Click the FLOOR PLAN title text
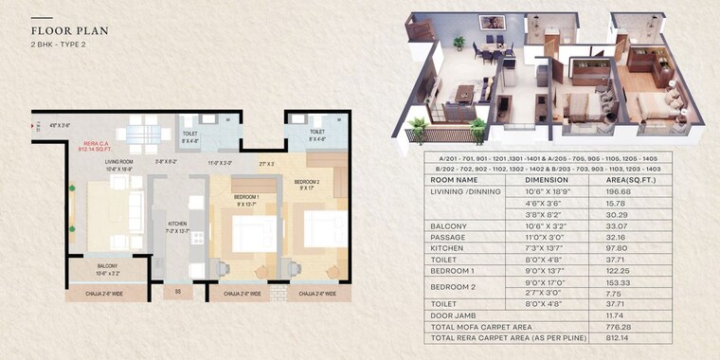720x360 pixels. point(69,30)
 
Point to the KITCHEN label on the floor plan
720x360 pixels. point(177,225)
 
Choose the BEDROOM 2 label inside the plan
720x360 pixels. point(308,183)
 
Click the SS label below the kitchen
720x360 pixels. point(177,292)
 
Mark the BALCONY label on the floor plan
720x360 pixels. point(107,269)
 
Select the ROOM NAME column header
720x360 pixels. point(454,179)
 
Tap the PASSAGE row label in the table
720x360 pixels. point(448,237)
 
